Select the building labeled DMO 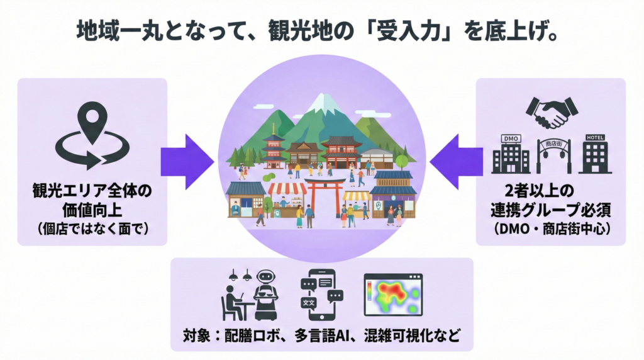click(510, 154)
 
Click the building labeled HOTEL click(594, 154)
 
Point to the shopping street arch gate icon click(552, 155)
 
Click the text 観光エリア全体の click(92, 191)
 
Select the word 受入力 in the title click(387, 31)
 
